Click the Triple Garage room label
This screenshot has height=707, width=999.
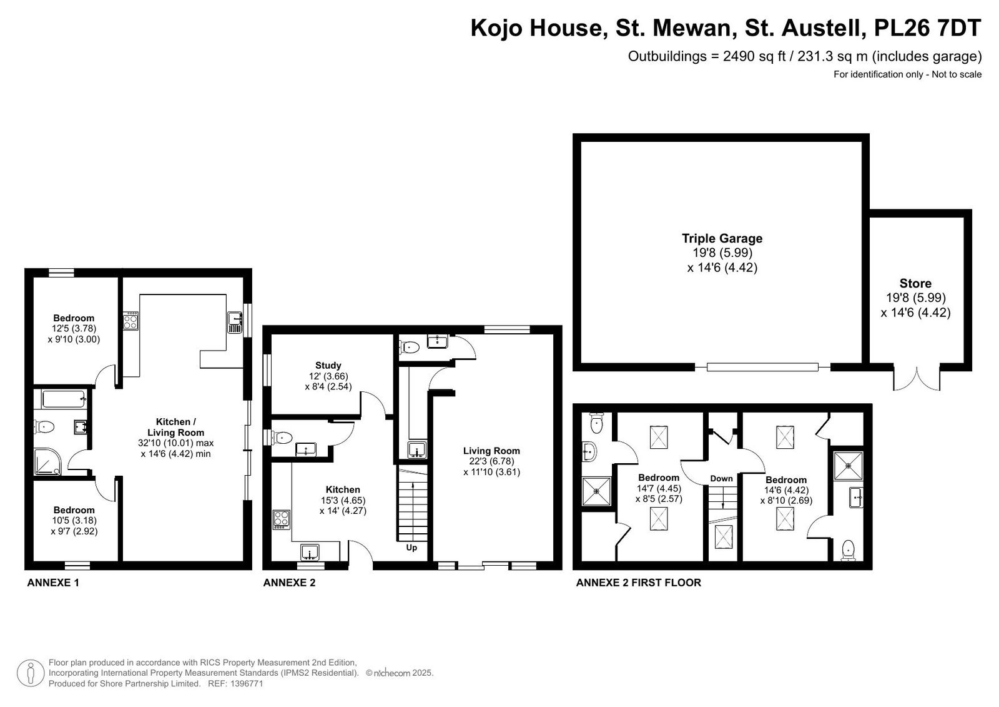pos(722,239)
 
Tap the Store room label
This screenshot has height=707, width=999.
pos(915,284)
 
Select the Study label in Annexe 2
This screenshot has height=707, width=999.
pos(328,365)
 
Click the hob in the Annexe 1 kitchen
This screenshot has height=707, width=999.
pos(130,321)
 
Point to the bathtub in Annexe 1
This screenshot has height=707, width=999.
pos(64,398)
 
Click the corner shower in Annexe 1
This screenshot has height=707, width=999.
pos(47,461)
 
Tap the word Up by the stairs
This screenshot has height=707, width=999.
pos(411,548)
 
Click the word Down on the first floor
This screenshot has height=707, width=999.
pos(721,478)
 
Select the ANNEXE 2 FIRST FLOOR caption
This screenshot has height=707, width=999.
pos(639,583)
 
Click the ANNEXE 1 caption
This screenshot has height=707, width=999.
pos(53,583)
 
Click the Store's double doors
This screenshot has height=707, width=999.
pos(917,379)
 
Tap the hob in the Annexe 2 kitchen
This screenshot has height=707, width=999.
pos(282,520)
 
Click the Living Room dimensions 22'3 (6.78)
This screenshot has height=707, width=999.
pos(491,461)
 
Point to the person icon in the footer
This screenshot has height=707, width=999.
pos(31,673)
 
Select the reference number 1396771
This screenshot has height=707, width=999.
pos(247,684)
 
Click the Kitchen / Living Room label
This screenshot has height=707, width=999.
pos(175,427)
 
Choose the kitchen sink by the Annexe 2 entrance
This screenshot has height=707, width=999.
pos(310,552)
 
